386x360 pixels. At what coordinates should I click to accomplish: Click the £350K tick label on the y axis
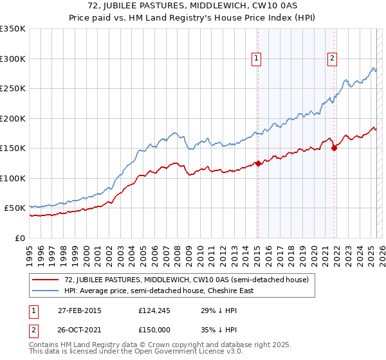point(13,29)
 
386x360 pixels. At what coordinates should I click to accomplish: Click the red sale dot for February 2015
point(258,163)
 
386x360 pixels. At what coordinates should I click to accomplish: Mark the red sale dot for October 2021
point(334,148)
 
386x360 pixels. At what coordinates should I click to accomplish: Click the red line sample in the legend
point(45,280)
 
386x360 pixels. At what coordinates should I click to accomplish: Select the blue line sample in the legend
point(45,291)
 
